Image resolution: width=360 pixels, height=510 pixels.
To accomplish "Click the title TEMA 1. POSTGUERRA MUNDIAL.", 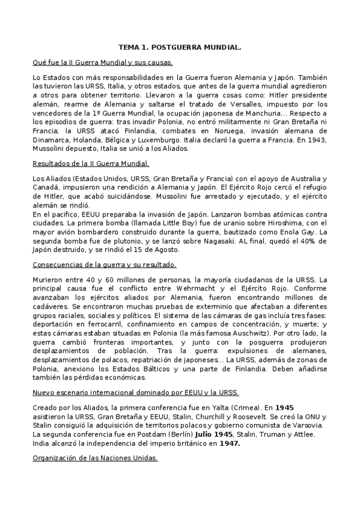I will tap(180, 46).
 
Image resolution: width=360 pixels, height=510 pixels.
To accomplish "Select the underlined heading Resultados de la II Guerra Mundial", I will tap(91, 163).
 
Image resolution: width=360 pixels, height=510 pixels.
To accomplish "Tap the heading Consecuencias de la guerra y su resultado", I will tap(104, 264).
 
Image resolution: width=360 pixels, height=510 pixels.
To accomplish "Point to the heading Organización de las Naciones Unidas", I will tap(95, 458).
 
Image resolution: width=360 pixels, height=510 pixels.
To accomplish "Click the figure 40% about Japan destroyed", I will tap(302, 241).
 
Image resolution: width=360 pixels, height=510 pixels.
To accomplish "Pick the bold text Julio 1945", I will tap(215, 434).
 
